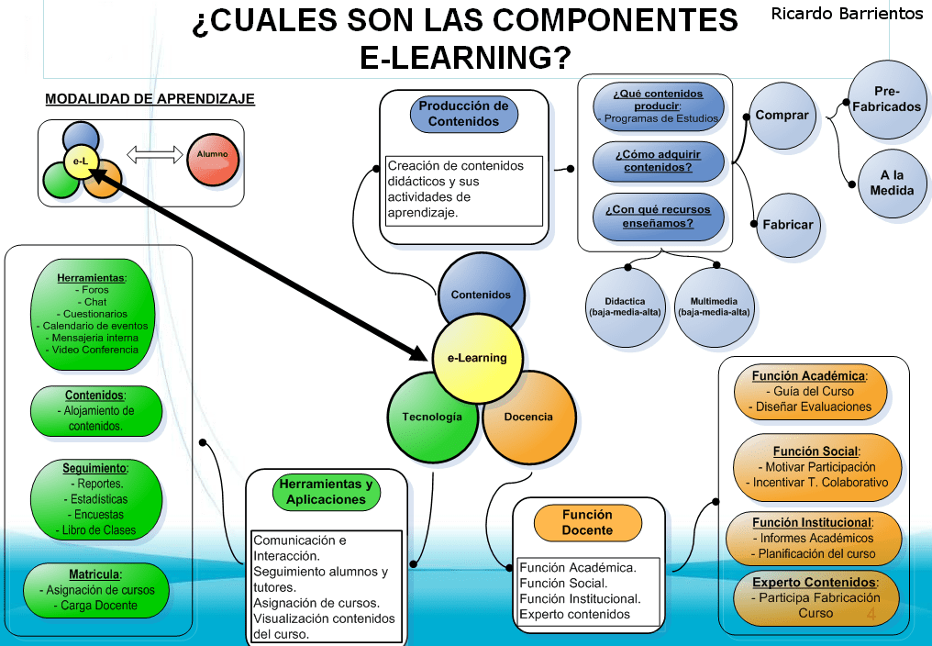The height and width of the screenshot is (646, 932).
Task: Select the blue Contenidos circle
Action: pyautogui.click(x=482, y=291)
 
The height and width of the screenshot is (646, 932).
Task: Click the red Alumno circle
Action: pyautogui.click(x=213, y=155)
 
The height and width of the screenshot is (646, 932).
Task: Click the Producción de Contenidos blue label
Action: pyautogui.click(x=463, y=114)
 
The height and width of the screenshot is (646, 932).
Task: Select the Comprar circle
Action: pyautogui.click(x=782, y=116)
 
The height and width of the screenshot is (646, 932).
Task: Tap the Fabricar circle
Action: pyautogui.click(x=787, y=224)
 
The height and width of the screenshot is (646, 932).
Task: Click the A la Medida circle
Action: pyautogui.click(x=892, y=183)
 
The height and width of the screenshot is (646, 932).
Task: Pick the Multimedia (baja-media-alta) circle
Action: pyautogui.click(x=714, y=306)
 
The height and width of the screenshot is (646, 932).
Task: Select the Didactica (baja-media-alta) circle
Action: pyautogui.click(x=624, y=306)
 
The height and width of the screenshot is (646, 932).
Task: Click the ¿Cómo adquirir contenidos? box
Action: pyautogui.click(x=659, y=161)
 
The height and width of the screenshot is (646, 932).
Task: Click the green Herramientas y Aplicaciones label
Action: pyautogui.click(x=326, y=493)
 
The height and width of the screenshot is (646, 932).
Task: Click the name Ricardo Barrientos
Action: pyautogui.click(x=847, y=14)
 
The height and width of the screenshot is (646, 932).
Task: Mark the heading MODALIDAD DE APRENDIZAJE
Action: pyautogui.click(x=150, y=99)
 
